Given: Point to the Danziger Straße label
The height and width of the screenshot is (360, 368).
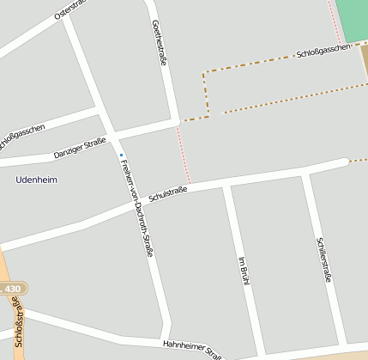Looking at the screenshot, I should point(79,148).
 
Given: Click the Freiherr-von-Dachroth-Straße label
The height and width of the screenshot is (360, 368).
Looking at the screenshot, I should point(136,209).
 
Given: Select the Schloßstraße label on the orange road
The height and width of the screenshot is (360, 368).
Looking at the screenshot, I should point(20,332).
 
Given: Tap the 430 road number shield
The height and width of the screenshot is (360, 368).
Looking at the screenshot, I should point(12,290).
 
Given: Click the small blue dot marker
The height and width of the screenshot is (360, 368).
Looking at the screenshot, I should point(121,155).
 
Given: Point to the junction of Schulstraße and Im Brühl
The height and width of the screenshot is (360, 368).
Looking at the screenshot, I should point(226,183).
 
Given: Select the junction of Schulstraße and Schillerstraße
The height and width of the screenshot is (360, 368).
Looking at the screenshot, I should point(305,173).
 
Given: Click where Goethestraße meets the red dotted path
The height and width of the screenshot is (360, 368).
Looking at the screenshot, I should point(178,123).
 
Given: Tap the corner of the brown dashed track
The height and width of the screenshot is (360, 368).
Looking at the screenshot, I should point(204,74).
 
